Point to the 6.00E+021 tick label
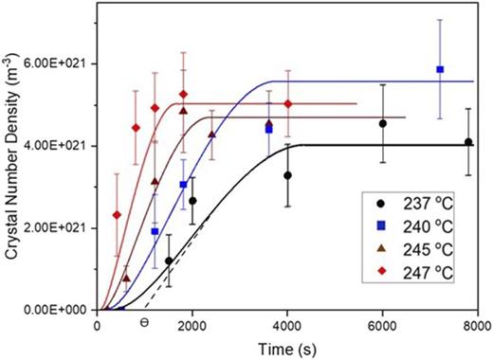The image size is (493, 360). tap(57, 63)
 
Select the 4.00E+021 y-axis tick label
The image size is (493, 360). tap(57, 146)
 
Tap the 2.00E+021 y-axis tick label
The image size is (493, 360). tap(57, 228)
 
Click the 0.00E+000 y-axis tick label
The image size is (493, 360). tap(57, 310)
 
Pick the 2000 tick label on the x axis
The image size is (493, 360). tap(192, 324)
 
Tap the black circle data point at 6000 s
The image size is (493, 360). tap(383, 123)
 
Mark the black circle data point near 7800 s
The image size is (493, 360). tap(468, 142)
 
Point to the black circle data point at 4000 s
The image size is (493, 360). tap(288, 175)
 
